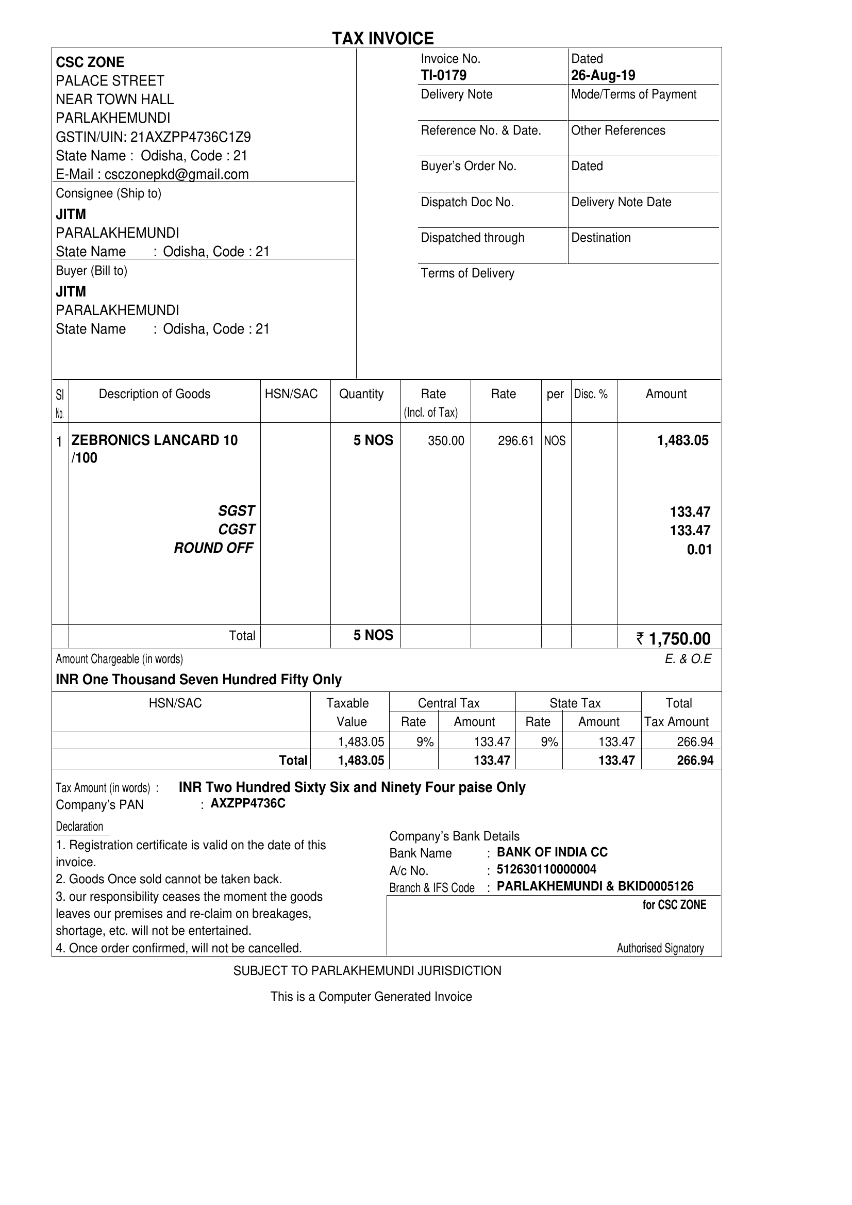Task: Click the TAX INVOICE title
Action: coord(383,38)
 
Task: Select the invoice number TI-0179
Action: coord(443,76)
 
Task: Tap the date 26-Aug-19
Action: coord(603,76)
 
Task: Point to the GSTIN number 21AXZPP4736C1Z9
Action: coord(190,137)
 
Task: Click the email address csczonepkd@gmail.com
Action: coord(176,174)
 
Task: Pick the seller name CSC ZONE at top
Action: coord(90,62)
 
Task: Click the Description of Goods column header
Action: coord(154,394)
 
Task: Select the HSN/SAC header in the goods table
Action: coord(291,394)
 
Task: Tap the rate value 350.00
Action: coord(445,441)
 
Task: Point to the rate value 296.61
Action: coord(516,441)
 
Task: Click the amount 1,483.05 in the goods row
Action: coord(682,440)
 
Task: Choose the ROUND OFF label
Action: coord(213,548)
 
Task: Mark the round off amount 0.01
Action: coord(699,550)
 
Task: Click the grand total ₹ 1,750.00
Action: coord(674,639)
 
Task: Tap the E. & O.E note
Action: coord(688,659)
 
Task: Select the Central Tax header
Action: coord(448,703)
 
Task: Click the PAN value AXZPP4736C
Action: coord(248,804)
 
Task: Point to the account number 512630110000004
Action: coord(546,869)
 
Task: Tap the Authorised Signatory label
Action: coord(660,948)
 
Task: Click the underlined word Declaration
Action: coord(80,827)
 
